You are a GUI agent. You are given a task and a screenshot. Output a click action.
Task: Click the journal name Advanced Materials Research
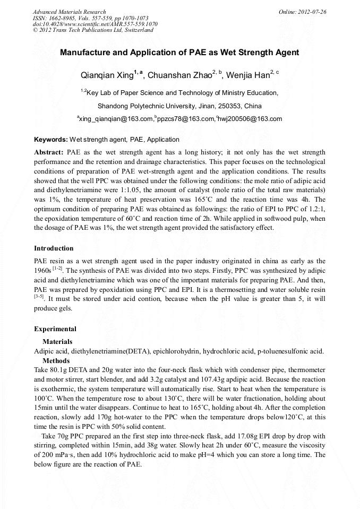(69, 12)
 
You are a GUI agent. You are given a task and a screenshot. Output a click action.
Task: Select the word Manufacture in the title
(84, 53)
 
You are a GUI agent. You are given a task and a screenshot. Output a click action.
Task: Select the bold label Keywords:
(51, 140)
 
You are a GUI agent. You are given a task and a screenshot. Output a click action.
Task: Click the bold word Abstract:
(49, 152)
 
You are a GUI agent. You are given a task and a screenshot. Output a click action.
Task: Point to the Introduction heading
(54, 248)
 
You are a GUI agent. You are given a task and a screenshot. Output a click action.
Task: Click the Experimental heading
(55, 329)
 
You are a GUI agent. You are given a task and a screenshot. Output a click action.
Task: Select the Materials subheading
(57, 342)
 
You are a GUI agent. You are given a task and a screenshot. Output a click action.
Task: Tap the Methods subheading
(56, 361)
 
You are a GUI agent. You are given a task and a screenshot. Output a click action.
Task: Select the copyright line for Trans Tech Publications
(93, 31)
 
